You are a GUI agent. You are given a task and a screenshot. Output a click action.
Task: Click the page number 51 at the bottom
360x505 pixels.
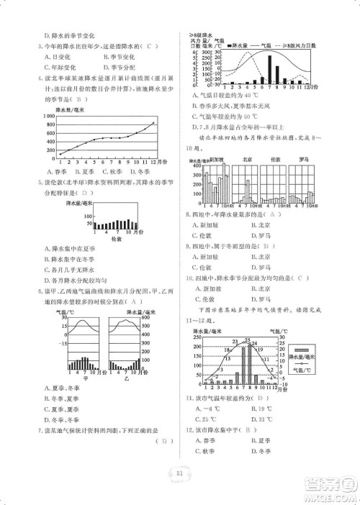pyautogui.click(x=179, y=472)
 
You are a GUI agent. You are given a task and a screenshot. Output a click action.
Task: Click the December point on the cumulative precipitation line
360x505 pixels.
pyautogui.click(x=153, y=123)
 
